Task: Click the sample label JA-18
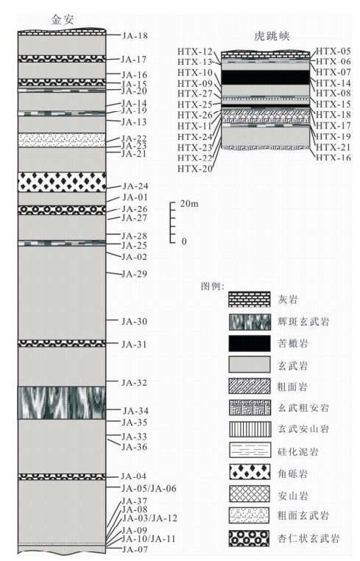(135, 36)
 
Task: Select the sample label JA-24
(135, 186)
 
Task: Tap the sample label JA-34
(135, 411)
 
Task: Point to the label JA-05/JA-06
(149, 489)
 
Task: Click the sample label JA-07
(135, 549)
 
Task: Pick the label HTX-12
(195, 52)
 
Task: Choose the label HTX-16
(333, 158)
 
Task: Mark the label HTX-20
(195, 168)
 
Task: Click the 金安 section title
(63, 19)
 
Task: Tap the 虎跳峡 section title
(272, 36)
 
